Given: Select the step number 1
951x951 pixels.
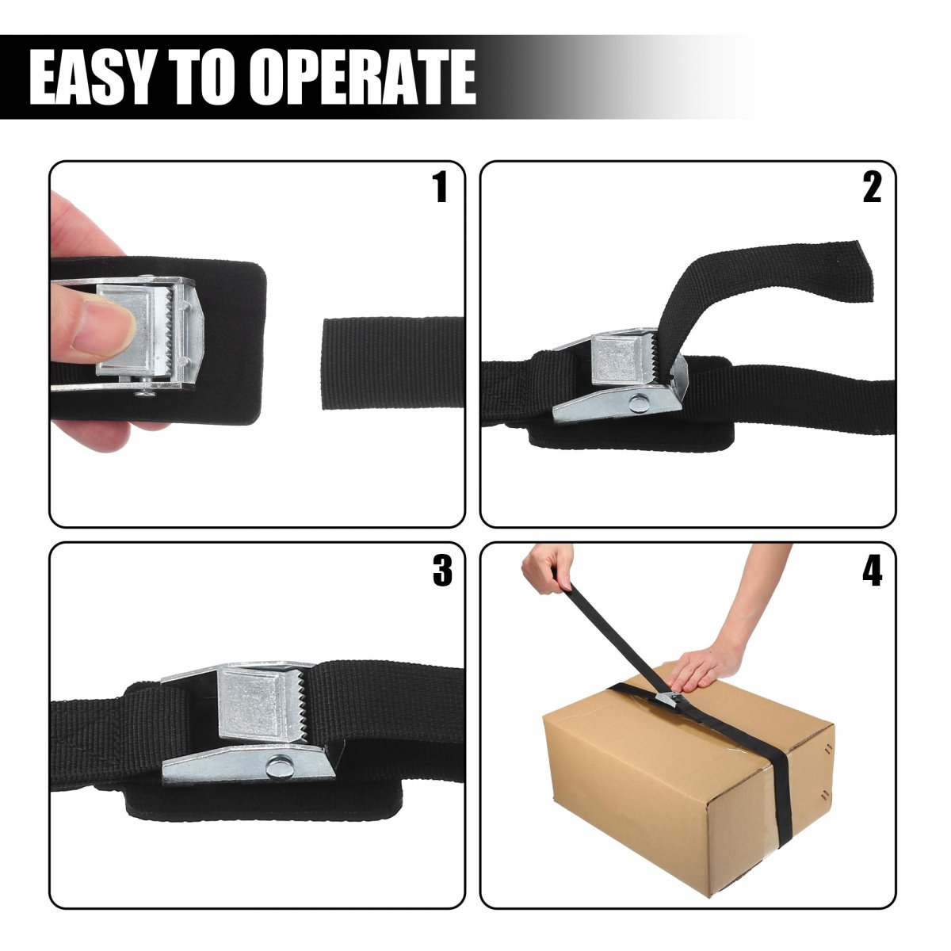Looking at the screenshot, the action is point(439,187).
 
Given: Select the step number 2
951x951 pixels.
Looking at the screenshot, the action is point(872,188).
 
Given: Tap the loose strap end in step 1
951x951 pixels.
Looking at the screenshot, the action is point(392,364).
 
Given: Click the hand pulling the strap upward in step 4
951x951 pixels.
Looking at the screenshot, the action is point(545,568).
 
